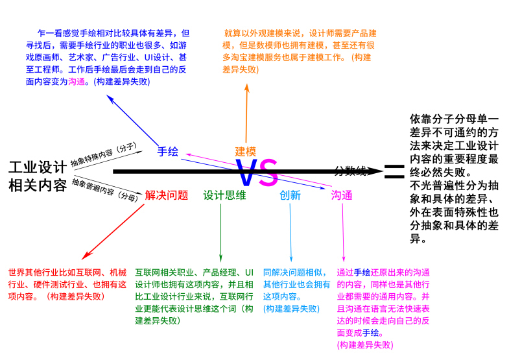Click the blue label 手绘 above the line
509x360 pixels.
point(167,151)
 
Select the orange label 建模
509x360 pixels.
point(246,151)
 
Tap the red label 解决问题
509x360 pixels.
point(167,195)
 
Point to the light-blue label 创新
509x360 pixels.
point(290,195)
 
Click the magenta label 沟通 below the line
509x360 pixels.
point(342,195)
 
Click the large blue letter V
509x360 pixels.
point(248,174)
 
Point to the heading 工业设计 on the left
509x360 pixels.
point(38,167)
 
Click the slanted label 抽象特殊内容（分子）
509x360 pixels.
point(103,154)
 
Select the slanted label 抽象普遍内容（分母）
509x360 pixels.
point(104,187)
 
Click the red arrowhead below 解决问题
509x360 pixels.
point(83,258)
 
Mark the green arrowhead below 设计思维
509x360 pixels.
point(221,259)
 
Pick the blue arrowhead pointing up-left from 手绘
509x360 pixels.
point(111,99)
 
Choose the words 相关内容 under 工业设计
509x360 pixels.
point(38,186)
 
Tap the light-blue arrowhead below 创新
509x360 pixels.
point(291,259)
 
